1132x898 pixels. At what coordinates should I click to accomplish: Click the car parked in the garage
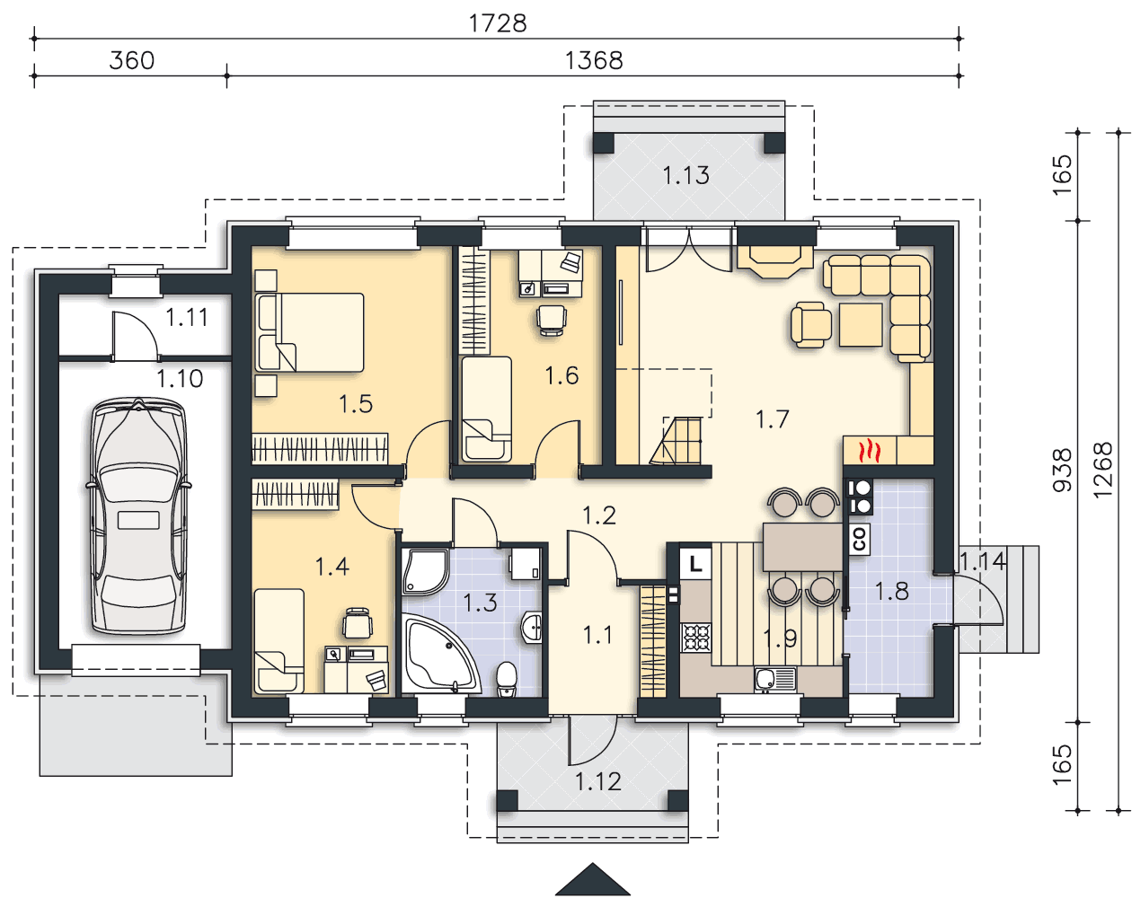pos(138,516)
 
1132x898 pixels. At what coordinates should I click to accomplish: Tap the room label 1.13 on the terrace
pos(685,175)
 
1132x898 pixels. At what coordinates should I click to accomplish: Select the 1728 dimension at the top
pos(497,23)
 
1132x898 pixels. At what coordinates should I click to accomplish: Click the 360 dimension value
pos(131,60)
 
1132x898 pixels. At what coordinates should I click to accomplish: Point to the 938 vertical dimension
pos(1062,470)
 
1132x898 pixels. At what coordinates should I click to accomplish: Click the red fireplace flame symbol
pos(870,451)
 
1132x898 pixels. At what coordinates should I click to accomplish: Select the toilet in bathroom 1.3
pos(507,679)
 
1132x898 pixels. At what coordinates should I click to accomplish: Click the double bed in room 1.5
pos(310,333)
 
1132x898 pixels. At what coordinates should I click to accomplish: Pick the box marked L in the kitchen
pos(695,565)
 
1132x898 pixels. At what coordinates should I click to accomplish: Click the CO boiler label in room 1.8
pos(859,539)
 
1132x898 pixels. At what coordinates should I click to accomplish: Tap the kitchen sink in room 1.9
pos(775,679)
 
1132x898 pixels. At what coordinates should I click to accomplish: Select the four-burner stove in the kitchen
pos(696,638)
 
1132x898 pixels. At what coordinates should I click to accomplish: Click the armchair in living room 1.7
pos(810,324)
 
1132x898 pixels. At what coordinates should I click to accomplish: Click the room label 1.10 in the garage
pos(180,379)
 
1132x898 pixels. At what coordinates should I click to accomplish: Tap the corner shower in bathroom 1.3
pos(426,572)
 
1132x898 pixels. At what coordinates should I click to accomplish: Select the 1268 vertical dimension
pos(1102,470)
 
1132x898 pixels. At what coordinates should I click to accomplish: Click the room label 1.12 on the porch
pos(598,782)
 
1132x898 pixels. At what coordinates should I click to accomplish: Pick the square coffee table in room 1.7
pos(861,325)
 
